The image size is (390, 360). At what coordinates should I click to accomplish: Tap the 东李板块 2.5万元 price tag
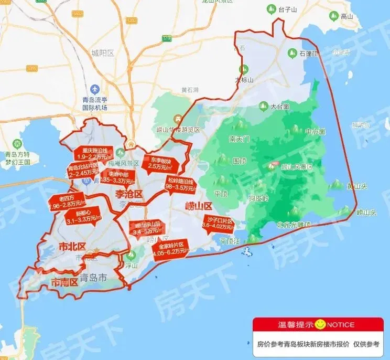(x=160, y=163)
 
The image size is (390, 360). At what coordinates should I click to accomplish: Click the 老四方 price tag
(x=67, y=201)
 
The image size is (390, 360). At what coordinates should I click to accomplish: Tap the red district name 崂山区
(x=198, y=205)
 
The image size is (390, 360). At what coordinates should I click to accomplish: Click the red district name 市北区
(x=71, y=247)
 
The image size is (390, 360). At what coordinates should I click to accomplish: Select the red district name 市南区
(x=64, y=282)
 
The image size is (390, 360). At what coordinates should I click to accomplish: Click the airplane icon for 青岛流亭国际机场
(x=95, y=89)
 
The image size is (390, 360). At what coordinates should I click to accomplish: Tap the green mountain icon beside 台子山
(x=272, y=9)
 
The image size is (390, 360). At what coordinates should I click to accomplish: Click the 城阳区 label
(x=103, y=53)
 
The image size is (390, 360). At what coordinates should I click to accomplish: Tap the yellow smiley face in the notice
(x=320, y=325)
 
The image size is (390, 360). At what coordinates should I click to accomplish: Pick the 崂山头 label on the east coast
(x=366, y=213)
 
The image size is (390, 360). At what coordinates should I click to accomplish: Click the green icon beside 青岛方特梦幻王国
(x=17, y=143)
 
